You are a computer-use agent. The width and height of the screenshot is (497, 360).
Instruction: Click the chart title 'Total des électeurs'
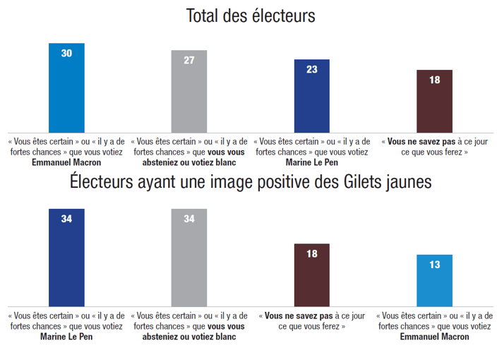(250, 16)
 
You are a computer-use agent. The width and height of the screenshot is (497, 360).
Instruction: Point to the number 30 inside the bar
(66, 53)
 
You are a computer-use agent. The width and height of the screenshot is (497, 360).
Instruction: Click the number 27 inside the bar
(188, 60)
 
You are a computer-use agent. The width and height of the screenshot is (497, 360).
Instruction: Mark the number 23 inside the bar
(311, 69)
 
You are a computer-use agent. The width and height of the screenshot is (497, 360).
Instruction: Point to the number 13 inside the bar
(434, 265)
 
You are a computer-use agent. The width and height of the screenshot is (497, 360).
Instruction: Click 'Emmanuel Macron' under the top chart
(66, 162)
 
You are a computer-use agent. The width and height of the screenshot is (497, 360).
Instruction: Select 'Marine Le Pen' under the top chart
(311, 162)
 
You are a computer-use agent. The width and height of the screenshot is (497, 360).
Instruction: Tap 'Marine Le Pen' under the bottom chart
(66, 337)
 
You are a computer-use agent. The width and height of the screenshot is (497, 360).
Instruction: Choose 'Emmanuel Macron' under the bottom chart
(434, 337)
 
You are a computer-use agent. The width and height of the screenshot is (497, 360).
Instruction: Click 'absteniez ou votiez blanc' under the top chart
(188, 162)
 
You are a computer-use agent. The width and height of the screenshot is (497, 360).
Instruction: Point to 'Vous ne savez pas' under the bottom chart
(296, 316)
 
